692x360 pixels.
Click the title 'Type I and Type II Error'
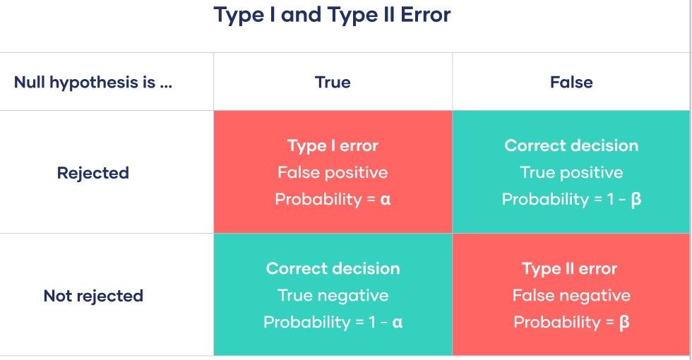click(x=333, y=15)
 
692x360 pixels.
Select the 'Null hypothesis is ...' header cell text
click(x=93, y=83)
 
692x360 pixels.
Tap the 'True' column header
click(x=333, y=83)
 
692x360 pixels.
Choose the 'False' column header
click(x=571, y=83)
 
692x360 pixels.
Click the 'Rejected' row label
click(x=93, y=173)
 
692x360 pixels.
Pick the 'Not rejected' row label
click(x=93, y=296)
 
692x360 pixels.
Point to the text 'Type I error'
click(x=333, y=146)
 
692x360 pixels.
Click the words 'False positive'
click(x=333, y=172)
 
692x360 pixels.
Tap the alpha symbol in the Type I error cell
click(x=386, y=200)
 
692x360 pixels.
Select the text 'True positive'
click(x=571, y=172)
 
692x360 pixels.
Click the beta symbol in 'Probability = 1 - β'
click(x=636, y=199)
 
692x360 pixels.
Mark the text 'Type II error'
click(x=569, y=269)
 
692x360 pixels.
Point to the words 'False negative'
click(x=571, y=296)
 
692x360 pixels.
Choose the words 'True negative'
click(x=333, y=296)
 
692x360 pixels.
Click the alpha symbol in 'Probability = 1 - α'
click(x=397, y=323)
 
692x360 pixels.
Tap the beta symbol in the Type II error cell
click(x=624, y=323)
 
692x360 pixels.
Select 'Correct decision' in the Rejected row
click(x=571, y=145)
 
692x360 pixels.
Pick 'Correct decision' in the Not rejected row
click(x=333, y=269)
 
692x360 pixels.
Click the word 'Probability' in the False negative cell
click(x=557, y=323)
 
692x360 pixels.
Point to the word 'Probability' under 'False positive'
click(x=318, y=199)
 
